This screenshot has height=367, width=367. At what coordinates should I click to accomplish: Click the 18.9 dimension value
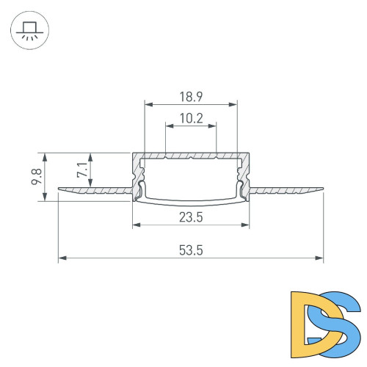[x=191, y=96]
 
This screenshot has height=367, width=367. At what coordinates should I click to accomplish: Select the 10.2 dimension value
[x=191, y=117]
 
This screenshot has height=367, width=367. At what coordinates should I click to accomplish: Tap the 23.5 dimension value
[x=191, y=217]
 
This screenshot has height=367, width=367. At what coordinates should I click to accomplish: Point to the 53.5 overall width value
[x=191, y=250]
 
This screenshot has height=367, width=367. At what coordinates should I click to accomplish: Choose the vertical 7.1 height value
[x=81, y=171]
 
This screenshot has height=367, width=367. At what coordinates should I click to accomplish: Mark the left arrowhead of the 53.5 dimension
[x=62, y=258]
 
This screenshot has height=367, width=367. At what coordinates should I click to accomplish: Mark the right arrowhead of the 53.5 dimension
[x=320, y=258]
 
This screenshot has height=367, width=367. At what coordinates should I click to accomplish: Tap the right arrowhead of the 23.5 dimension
[x=247, y=225]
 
